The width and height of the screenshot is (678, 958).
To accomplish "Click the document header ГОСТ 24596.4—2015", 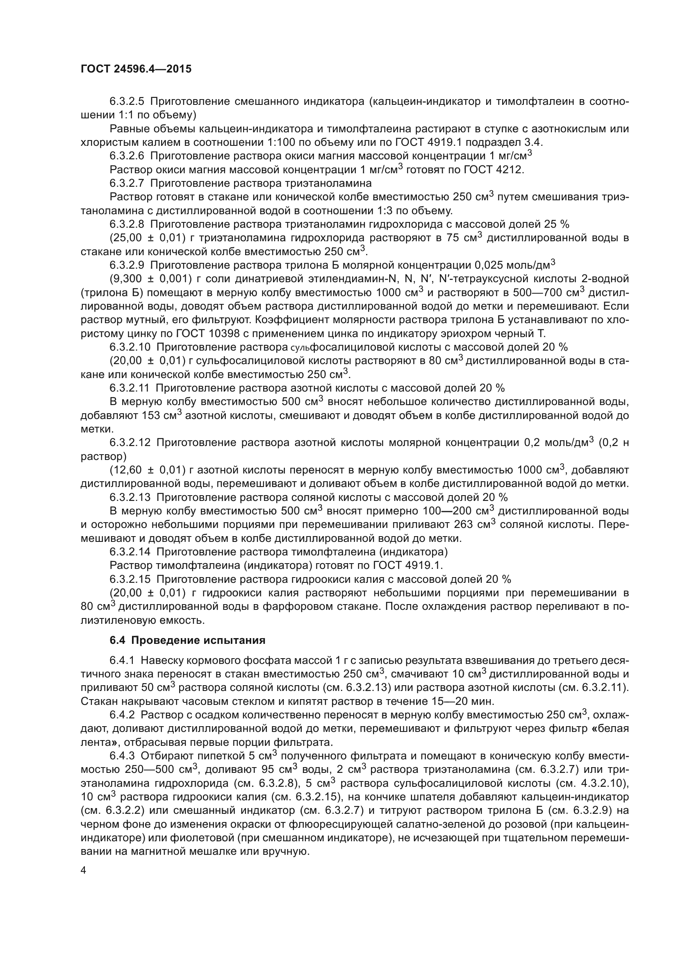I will pos(136,69).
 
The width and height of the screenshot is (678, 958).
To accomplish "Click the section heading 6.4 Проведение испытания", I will pos(187,640).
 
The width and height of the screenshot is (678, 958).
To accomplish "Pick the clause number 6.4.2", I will pos(122,715).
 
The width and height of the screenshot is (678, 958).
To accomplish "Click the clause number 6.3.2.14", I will pos(130,552).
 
